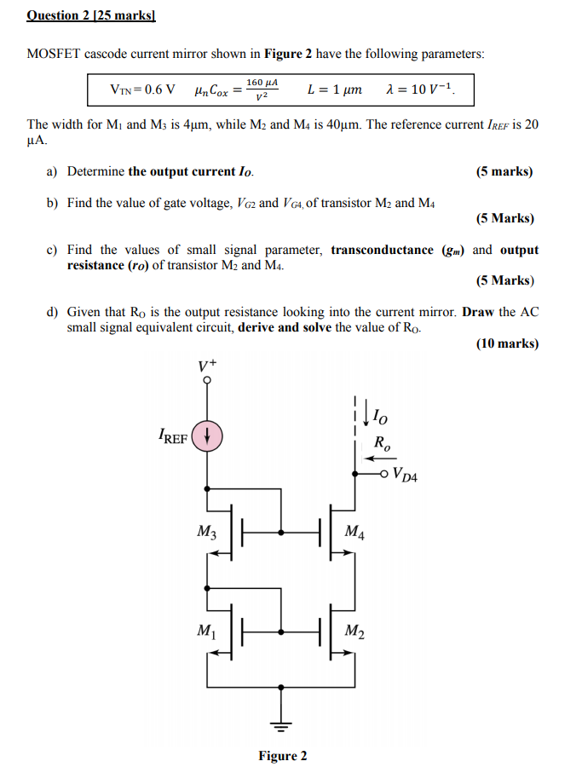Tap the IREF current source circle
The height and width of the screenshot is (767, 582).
tap(207, 436)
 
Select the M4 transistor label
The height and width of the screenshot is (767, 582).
tap(355, 533)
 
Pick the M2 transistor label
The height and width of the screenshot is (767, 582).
tap(355, 631)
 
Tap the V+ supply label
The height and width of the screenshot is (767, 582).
tap(207, 366)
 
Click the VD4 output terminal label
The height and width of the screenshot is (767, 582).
tap(406, 475)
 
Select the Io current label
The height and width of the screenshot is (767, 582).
tap(380, 418)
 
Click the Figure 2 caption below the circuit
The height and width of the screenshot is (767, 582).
tap(283, 756)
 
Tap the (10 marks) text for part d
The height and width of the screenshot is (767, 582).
tap(507, 343)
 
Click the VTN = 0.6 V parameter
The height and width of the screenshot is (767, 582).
tap(143, 89)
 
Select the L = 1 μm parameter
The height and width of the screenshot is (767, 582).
tap(333, 89)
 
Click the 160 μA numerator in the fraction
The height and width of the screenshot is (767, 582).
tap(262, 82)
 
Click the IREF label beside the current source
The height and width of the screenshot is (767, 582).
tap(173, 438)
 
